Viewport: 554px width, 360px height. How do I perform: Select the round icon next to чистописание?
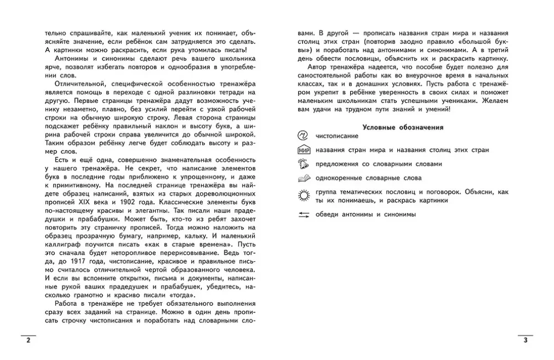[x=303, y=136]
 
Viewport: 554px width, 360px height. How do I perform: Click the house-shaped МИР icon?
[x=303, y=150]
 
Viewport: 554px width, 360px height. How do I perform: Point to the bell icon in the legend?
[x=303, y=164]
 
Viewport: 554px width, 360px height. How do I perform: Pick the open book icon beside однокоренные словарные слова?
[x=303, y=178]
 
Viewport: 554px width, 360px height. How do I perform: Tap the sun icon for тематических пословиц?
[x=303, y=194]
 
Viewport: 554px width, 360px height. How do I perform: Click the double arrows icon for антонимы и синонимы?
[x=303, y=214]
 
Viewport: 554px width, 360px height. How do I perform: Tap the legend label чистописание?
[x=336, y=136]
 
